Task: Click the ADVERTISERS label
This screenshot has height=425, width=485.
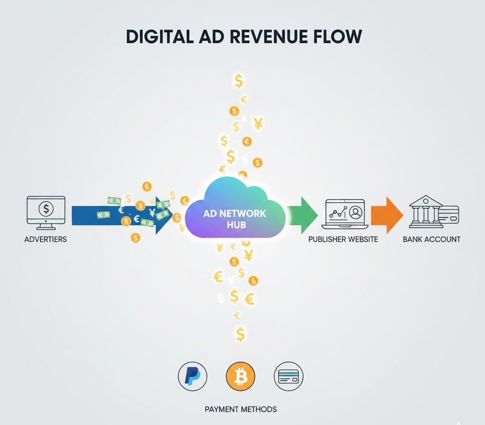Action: (45, 239)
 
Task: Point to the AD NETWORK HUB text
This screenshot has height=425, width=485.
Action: (234, 219)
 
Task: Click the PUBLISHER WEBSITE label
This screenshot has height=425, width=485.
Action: (343, 239)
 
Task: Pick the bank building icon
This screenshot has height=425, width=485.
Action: (424, 210)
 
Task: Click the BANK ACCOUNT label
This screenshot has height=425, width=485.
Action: (431, 239)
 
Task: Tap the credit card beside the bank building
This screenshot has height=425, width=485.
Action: (449, 214)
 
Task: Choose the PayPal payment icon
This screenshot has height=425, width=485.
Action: (192, 377)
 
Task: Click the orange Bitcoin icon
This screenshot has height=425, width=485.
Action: (241, 377)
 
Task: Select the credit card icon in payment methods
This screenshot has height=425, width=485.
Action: (288, 377)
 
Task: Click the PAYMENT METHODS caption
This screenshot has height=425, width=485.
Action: (241, 409)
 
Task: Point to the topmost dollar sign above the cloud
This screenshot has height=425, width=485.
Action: (239, 81)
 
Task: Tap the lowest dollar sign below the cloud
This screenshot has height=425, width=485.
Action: (240, 334)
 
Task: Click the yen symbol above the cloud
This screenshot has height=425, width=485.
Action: (258, 124)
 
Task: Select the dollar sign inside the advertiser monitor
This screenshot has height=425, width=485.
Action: (46, 208)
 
